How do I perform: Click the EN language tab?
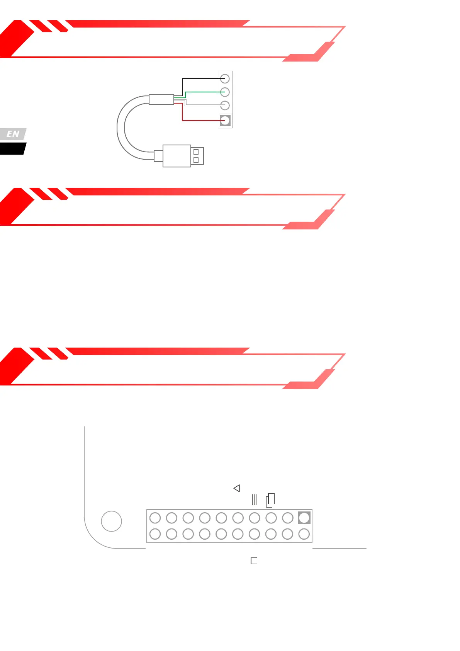click(13, 134)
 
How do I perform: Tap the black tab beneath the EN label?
click(12, 149)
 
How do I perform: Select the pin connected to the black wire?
click(225, 79)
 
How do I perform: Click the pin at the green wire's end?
click(225, 92)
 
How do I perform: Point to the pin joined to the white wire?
click(225, 105)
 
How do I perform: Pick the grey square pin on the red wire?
click(225, 121)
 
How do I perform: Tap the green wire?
click(205, 92)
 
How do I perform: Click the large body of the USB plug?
click(177, 156)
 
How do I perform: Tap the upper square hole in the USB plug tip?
click(196, 152)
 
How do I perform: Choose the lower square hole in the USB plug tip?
click(196, 160)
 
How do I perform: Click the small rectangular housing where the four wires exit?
click(161, 99)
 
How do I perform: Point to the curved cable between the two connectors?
click(121, 128)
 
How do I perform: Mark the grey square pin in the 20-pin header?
click(304, 518)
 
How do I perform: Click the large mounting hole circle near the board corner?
click(111, 521)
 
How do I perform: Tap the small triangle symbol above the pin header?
click(237, 488)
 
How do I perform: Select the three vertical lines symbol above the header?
click(254, 499)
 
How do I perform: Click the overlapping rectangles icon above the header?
click(270, 500)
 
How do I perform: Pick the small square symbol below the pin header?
click(254, 561)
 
